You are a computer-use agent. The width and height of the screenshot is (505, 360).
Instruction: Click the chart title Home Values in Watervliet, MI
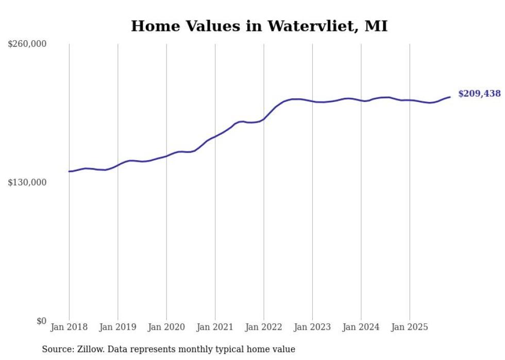(259, 26)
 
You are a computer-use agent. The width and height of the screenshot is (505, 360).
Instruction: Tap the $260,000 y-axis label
(27, 44)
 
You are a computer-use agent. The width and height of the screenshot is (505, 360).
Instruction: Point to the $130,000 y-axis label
(27, 182)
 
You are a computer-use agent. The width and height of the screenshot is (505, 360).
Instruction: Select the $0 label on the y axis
(41, 321)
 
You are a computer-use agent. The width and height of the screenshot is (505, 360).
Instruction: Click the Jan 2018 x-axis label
(69, 327)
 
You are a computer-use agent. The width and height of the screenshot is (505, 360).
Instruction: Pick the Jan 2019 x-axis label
(117, 327)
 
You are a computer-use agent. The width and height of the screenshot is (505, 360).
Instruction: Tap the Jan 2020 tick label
(166, 327)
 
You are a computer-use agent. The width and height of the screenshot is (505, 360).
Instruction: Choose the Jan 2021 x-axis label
(215, 327)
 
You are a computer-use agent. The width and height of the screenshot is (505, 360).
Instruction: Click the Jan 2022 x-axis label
(264, 327)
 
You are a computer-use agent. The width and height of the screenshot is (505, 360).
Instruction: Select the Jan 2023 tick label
(312, 327)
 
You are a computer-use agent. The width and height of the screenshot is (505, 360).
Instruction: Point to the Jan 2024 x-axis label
(361, 327)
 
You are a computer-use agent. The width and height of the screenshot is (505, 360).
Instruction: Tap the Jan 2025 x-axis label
(410, 327)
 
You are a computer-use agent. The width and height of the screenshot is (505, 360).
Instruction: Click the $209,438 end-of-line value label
(479, 94)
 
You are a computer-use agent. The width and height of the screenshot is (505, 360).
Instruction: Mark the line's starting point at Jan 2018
(69, 172)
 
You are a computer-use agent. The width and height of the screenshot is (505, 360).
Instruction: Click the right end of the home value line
(450, 97)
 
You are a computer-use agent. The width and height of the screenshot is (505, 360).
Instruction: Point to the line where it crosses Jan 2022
(264, 119)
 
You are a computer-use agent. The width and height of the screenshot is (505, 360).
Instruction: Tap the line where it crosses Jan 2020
(166, 156)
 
